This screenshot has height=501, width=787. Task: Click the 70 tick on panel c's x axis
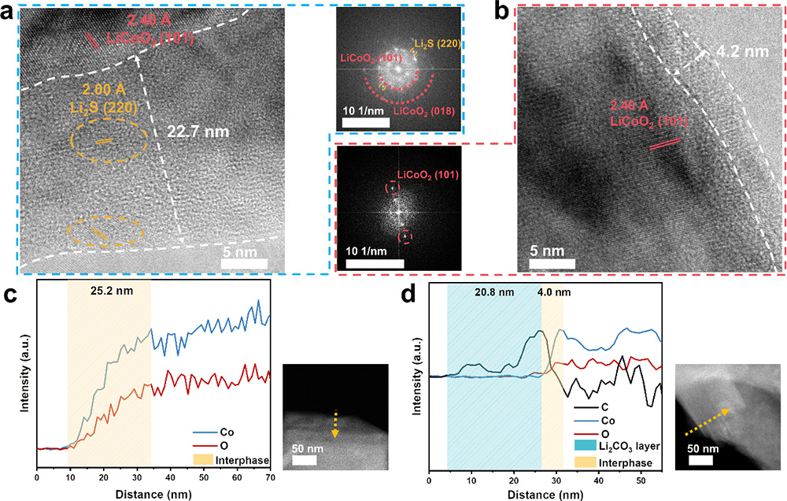click(271, 479)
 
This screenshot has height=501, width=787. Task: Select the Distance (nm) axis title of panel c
click(153, 493)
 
